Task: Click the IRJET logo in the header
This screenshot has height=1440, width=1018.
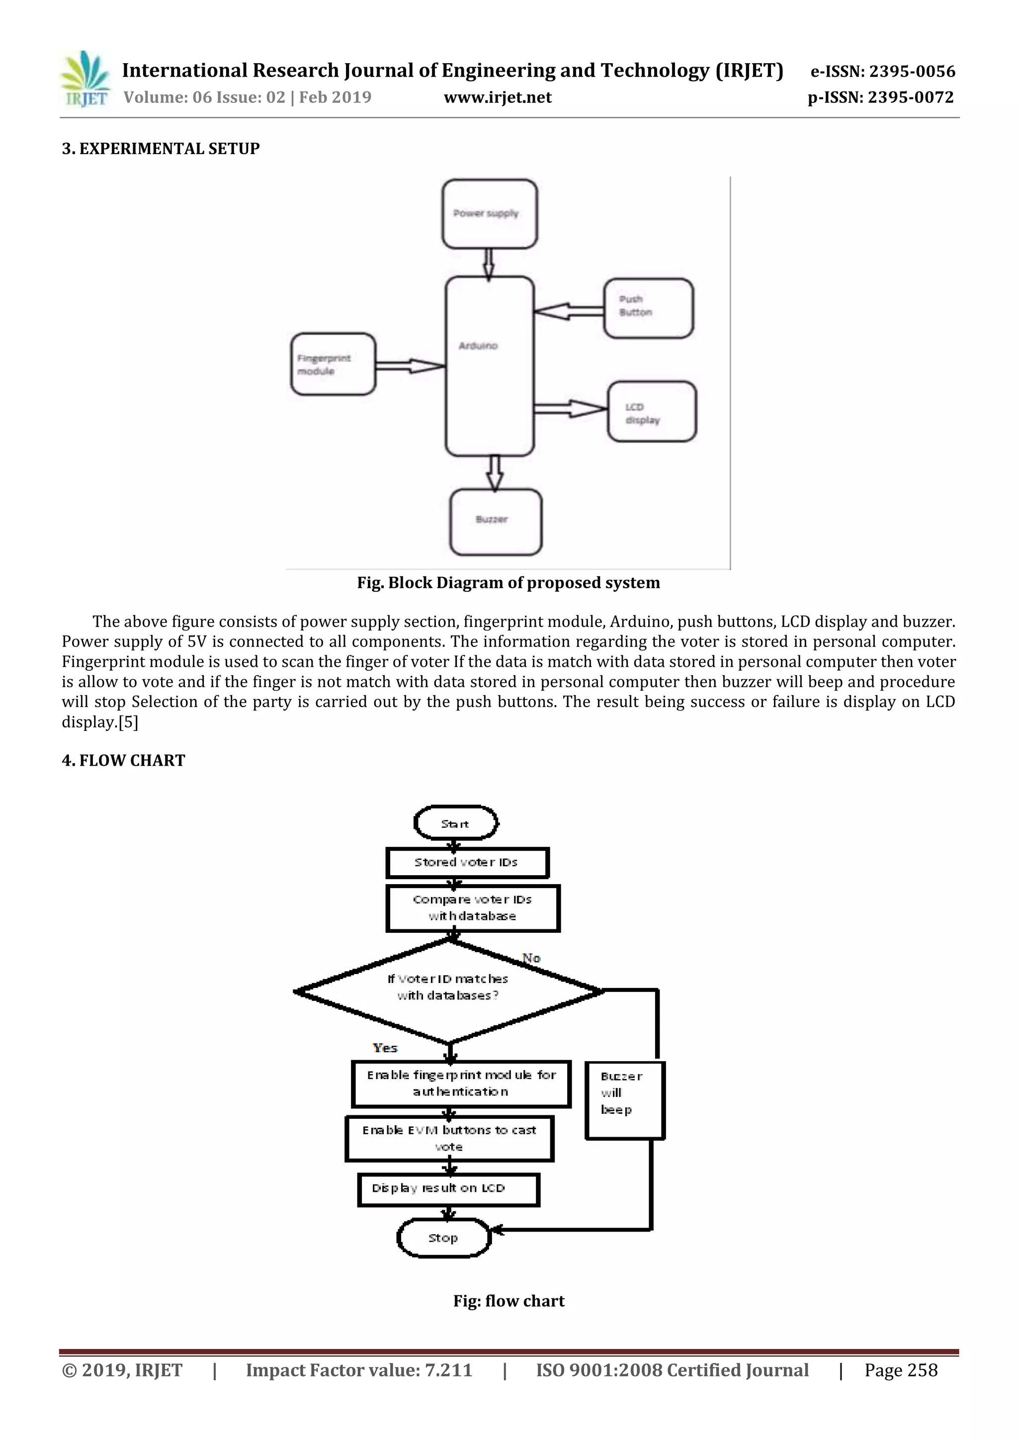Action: [x=85, y=80]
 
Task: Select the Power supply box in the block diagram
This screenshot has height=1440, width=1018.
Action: [x=490, y=214]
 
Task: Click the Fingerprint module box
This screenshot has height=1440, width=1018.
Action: [x=333, y=364]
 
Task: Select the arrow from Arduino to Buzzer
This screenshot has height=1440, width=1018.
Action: [x=495, y=473]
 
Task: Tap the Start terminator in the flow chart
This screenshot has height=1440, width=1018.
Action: [x=456, y=823]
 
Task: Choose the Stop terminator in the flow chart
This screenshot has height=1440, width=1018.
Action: [x=443, y=1238]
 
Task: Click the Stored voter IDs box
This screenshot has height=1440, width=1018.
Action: [x=467, y=862]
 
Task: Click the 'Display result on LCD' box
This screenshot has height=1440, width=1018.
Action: [x=448, y=1189]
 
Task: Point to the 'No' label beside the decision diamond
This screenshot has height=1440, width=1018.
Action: [x=531, y=958]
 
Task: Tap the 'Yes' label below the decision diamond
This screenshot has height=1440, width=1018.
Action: [x=385, y=1047]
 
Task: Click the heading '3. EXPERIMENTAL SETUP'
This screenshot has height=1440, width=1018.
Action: [x=161, y=149]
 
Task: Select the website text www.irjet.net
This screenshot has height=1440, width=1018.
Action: [x=498, y=97]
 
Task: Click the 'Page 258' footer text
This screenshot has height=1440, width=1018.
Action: [x=901, y=1370]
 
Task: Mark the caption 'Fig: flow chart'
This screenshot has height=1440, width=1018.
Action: [x=509, y=1301]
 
